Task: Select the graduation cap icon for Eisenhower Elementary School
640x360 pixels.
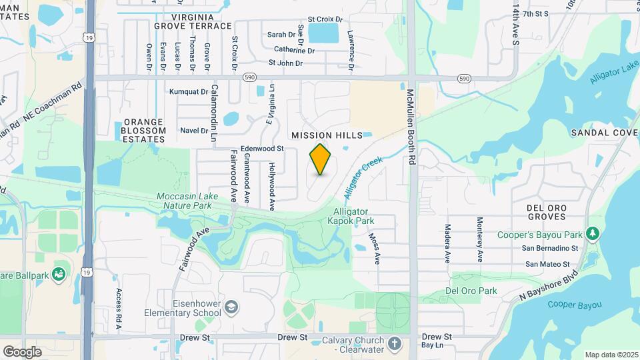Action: coord(231,307)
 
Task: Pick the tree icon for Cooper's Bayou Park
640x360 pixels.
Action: coord(591,234)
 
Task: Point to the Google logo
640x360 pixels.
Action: coord(22,351)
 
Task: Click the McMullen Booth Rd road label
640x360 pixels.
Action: coord(411,127)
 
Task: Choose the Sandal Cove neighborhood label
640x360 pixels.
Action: coord(605,133)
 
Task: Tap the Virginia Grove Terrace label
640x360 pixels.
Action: coord(193,21)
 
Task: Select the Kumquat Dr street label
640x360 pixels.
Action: coord(189,92)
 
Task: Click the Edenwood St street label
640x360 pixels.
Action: coord(263,148)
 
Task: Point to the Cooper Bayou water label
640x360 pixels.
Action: coord(574,305)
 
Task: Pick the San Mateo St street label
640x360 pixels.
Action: coord(551,263)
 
